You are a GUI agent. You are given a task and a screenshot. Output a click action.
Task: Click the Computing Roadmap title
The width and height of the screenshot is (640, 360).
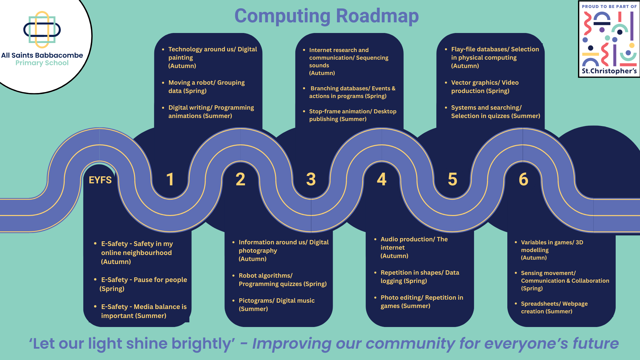[x=326, y=16]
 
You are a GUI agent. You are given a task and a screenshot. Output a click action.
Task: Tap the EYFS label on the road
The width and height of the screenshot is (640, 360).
[x=100, y=180]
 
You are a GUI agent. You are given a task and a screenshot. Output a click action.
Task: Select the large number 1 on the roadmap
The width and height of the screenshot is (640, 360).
[x=170, y=179]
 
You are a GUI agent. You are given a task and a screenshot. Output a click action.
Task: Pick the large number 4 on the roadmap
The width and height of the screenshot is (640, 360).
[x=382, y=179]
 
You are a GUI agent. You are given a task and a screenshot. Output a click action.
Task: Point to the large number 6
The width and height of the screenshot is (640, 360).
[x=523, y=179]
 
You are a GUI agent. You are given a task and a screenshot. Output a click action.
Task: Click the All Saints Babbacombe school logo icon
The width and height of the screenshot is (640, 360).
[x=42, y=30]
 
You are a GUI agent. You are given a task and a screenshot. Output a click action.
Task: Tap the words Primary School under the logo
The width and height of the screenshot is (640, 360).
[x=42, y=63]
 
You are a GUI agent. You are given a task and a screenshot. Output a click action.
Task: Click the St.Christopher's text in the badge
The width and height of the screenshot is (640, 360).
[x=609, y=71]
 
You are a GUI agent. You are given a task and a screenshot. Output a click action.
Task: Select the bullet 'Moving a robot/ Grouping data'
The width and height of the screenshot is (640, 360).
[x=206, y=87]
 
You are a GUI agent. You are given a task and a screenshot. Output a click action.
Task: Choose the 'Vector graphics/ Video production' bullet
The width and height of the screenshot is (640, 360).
[x=485, y=87]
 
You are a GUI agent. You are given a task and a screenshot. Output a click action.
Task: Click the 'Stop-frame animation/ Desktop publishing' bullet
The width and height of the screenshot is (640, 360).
[x=352, y=115]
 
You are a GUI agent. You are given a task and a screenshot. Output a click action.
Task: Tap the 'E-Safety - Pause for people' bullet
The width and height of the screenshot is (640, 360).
[x=143, y=284]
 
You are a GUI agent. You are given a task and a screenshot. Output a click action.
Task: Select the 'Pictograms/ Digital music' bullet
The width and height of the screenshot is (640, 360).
[x=276, y=305]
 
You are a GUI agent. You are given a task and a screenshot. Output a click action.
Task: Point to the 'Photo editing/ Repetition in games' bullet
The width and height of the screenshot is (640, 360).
[x=422, y=302]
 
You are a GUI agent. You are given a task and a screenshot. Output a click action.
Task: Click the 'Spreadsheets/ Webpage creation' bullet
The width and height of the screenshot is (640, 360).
[x=554, y=307]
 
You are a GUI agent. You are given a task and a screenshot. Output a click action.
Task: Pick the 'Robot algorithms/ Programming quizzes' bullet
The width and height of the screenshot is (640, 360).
[x=282, y=280]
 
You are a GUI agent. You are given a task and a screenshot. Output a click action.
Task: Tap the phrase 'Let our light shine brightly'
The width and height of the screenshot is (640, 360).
[x=132, y=344]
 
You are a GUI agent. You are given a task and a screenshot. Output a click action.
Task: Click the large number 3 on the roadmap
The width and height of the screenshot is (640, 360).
[x=311, y=179]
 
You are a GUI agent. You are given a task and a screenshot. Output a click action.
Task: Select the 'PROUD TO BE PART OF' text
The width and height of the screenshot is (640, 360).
[x=609, y=6]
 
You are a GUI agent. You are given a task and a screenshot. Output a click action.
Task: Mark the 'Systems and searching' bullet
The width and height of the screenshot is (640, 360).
[x=495, y=112]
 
